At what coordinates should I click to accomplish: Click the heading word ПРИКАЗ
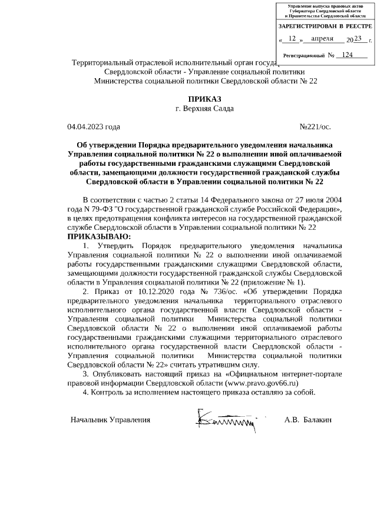point(204,99)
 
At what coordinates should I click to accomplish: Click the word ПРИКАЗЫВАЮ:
point(100,236)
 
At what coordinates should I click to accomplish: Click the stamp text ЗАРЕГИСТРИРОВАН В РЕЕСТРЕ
point(325,27)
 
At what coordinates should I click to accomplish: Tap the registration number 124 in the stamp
point(348,55)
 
